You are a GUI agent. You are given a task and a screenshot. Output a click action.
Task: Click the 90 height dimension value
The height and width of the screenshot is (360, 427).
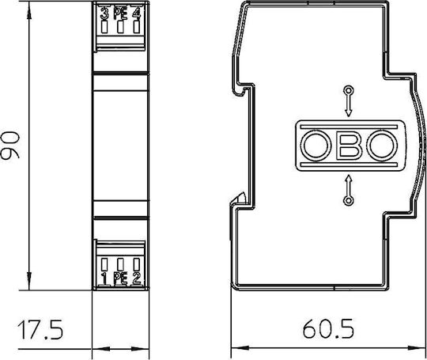pos(10,145)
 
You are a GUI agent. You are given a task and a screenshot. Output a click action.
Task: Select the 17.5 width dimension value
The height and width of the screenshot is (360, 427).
pos(40,329)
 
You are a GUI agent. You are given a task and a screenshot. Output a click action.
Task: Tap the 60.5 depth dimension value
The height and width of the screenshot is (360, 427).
pos(328,328)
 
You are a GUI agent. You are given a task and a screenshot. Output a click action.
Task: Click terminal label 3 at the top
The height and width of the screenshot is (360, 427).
pos(104,14)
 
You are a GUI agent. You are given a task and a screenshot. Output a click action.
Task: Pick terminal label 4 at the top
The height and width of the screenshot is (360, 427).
pos(137,14)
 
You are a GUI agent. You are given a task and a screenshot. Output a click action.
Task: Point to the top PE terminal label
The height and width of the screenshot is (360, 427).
pos(120,14)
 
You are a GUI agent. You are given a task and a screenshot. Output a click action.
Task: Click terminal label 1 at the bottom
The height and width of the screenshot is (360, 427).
pos(104,278)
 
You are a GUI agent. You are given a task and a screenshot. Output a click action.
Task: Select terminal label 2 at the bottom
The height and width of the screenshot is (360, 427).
pos(137,278)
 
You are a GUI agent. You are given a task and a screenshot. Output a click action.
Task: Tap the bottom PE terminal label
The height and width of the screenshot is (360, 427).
pos(120,278)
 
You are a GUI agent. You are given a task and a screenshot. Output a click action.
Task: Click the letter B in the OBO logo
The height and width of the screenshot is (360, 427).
pos(350,146)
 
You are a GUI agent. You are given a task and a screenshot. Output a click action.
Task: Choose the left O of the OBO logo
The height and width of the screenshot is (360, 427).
pos(316,146)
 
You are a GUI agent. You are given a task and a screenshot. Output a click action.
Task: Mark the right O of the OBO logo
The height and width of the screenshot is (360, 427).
pos(382,146)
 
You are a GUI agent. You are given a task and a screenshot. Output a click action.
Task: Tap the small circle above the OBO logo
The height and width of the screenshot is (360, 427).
pos(349,90)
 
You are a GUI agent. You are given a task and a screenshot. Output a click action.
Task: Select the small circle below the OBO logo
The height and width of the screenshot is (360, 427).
pos(349,201)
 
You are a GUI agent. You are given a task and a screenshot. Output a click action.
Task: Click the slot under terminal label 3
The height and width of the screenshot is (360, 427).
pos(104,27)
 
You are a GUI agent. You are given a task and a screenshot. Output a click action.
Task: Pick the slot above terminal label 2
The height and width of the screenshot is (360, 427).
pos(137,264)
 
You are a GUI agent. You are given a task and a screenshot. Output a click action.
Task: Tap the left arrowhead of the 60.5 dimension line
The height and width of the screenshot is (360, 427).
pos(240,348)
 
